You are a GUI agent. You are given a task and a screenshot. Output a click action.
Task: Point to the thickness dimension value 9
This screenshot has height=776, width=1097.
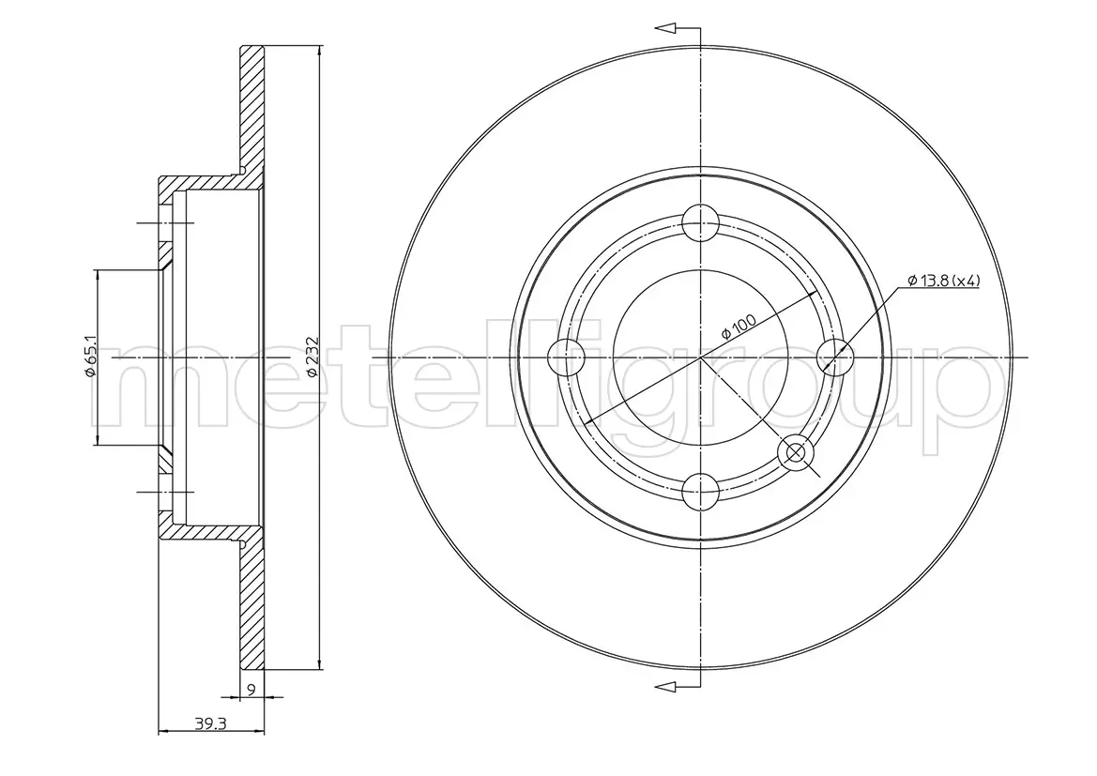251,688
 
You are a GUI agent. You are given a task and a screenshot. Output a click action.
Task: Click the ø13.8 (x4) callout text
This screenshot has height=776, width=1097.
943,281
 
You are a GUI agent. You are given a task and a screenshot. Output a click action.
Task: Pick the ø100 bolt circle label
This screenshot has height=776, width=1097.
739,329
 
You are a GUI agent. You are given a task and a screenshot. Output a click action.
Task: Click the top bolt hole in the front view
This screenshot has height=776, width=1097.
700,223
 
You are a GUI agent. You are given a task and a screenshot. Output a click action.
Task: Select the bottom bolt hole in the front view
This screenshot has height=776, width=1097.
700,489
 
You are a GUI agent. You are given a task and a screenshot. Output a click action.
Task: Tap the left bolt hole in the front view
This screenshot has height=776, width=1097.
566,357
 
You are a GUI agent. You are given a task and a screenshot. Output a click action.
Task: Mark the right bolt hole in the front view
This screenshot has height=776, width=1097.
833,357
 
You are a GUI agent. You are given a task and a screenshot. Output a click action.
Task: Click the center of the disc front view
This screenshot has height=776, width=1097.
700,358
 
